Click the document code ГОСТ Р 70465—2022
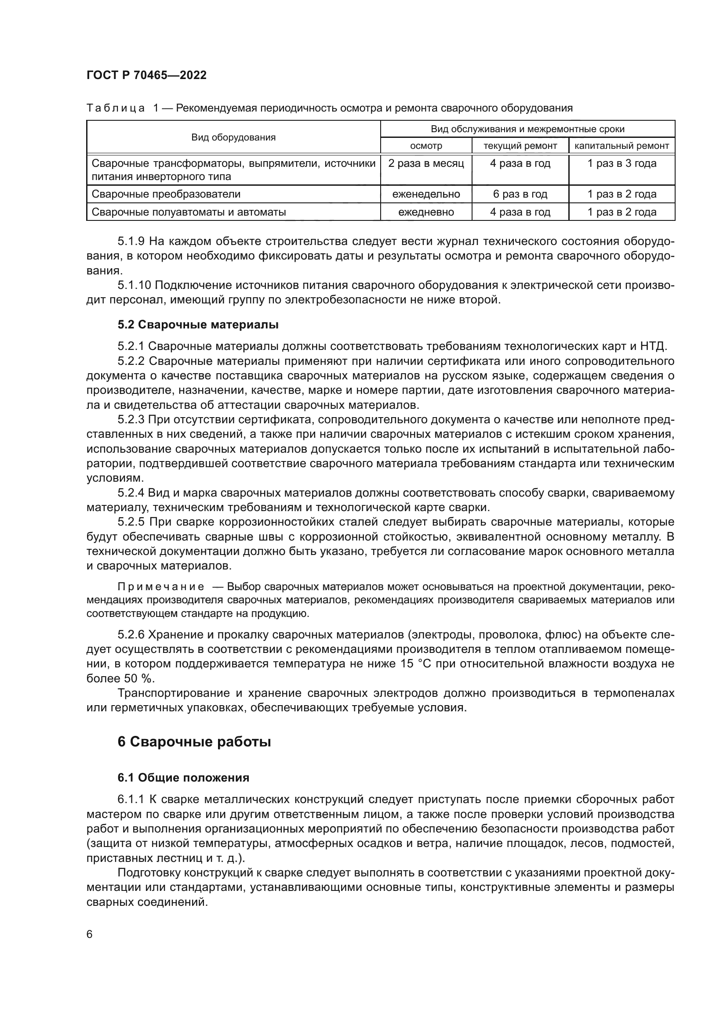[146, 75]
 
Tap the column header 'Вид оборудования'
[233, 137]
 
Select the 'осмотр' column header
[426, 146]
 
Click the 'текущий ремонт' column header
[520, 146]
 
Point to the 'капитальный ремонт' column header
[622, 146]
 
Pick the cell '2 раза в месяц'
[426, 164]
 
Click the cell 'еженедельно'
[426, 194]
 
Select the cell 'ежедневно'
[426, 212]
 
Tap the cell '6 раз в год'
[520, 194]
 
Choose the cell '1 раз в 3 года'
[622, 164]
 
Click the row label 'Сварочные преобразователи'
[166, 194]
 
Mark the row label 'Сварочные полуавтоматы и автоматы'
[189, 212]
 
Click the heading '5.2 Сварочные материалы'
[198, 325]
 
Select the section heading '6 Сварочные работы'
[194, 742]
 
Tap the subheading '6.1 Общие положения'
[183, 778]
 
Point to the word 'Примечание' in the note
[161, 587]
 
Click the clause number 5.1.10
[134, 285]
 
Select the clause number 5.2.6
[131, 635]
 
